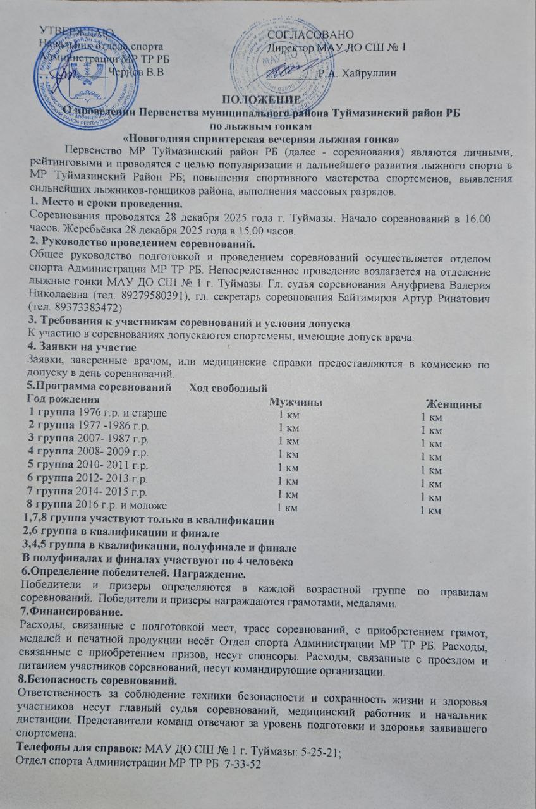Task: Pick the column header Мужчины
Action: coord(293,403)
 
